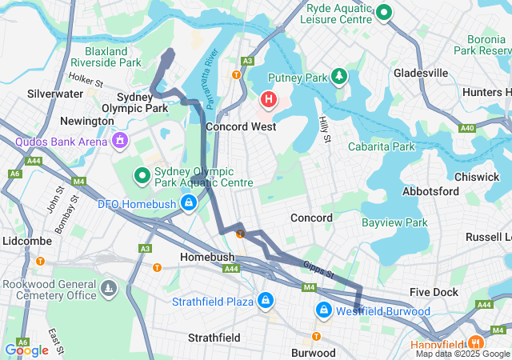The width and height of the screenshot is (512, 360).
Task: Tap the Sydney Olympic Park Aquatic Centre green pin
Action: pyautogui.click(x=142, y=174)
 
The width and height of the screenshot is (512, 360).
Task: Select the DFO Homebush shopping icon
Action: pyautogui.click(x=188, y=203)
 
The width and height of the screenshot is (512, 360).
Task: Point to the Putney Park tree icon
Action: pyautogui.click(x=340, y=77)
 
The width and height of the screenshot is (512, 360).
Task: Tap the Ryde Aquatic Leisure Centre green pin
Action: pyautogui.click(x=384, y=12)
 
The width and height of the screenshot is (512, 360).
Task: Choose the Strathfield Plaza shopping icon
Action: pyautogui.click(x=264, y=302)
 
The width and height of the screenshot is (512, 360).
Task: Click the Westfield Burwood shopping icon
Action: pyautogui.click(x=324, y=310)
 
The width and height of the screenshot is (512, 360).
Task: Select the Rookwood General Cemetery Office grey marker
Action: pyautogui.click(x=108, y=287)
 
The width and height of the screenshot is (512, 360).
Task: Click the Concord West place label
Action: pyautogui.click(x=241, y=126)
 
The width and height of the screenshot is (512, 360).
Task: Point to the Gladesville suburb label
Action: pyautogui.click(x=421, y=73)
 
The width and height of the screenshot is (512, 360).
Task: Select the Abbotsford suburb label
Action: pyautogui.click(x=431, y=191)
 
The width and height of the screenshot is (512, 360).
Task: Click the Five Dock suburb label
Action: pyautogui.click(x=434, y=292)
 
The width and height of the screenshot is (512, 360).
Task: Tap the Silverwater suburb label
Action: pyautogui.click(x=55, y=94)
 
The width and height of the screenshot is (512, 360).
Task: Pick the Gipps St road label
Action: pyautogui.click(x=318, y=270)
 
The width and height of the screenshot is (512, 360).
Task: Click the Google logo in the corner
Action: pyautogui.click(x=26, y=350)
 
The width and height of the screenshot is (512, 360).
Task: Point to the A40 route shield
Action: pyautogui.click(x=468, y=128)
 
